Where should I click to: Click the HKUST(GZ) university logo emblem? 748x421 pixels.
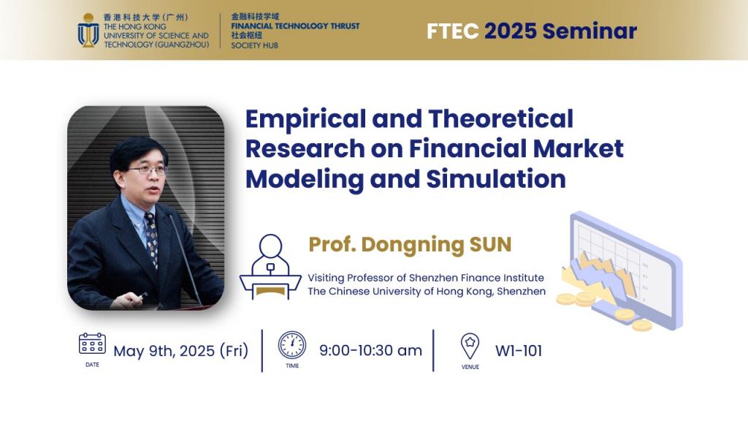pos(88,31)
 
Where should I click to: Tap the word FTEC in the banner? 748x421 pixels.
pos(452,31)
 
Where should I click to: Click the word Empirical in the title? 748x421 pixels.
pos(306,120)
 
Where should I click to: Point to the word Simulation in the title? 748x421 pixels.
pos(496,179)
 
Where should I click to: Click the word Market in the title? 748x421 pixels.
pos(579,148)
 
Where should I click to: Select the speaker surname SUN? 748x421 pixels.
pos(490,244)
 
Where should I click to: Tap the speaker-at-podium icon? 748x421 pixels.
pos(270,266)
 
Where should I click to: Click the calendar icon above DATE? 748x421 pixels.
pos(92,344)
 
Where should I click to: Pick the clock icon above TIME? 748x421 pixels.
pos(292,345)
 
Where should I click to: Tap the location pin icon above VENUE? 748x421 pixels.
pos(470,346)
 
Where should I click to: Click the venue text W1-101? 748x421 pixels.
pos(519,351)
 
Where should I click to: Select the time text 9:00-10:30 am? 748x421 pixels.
pos(370,350)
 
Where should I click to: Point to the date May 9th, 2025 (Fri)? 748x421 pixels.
pos(181,351)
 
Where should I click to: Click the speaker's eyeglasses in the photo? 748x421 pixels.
pos(148,170)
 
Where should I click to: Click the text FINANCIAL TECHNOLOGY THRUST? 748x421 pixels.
pos(295,26)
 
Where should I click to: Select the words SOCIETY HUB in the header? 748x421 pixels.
pos(254,45)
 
